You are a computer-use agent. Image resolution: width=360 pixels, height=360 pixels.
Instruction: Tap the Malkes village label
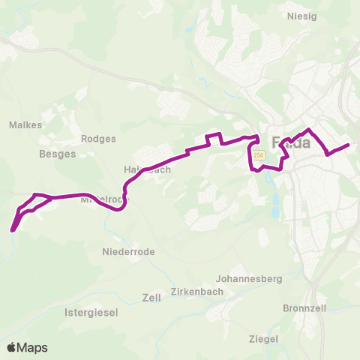click(25, 125)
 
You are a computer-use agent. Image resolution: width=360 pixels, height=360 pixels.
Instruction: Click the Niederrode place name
click(128, 252)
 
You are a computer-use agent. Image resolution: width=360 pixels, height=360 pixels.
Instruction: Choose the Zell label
click(151, 297)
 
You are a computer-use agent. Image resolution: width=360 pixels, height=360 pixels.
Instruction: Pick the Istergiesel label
click(91, 312)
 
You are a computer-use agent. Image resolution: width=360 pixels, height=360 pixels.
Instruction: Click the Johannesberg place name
click(249, 278)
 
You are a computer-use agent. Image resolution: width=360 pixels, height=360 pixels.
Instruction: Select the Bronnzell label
click(304, 307)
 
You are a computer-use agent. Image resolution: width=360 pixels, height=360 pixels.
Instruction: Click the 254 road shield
click(259, 155)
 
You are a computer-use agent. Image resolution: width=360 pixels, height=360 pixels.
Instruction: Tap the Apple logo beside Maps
click(12, 347)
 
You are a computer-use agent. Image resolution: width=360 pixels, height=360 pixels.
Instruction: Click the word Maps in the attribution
click(32, 347)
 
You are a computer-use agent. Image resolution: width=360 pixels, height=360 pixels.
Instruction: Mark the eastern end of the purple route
click(349, 145)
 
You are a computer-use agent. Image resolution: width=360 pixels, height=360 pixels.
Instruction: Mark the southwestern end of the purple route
click(13, 230)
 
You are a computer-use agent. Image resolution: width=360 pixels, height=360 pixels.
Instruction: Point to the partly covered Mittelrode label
click(102, 201)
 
